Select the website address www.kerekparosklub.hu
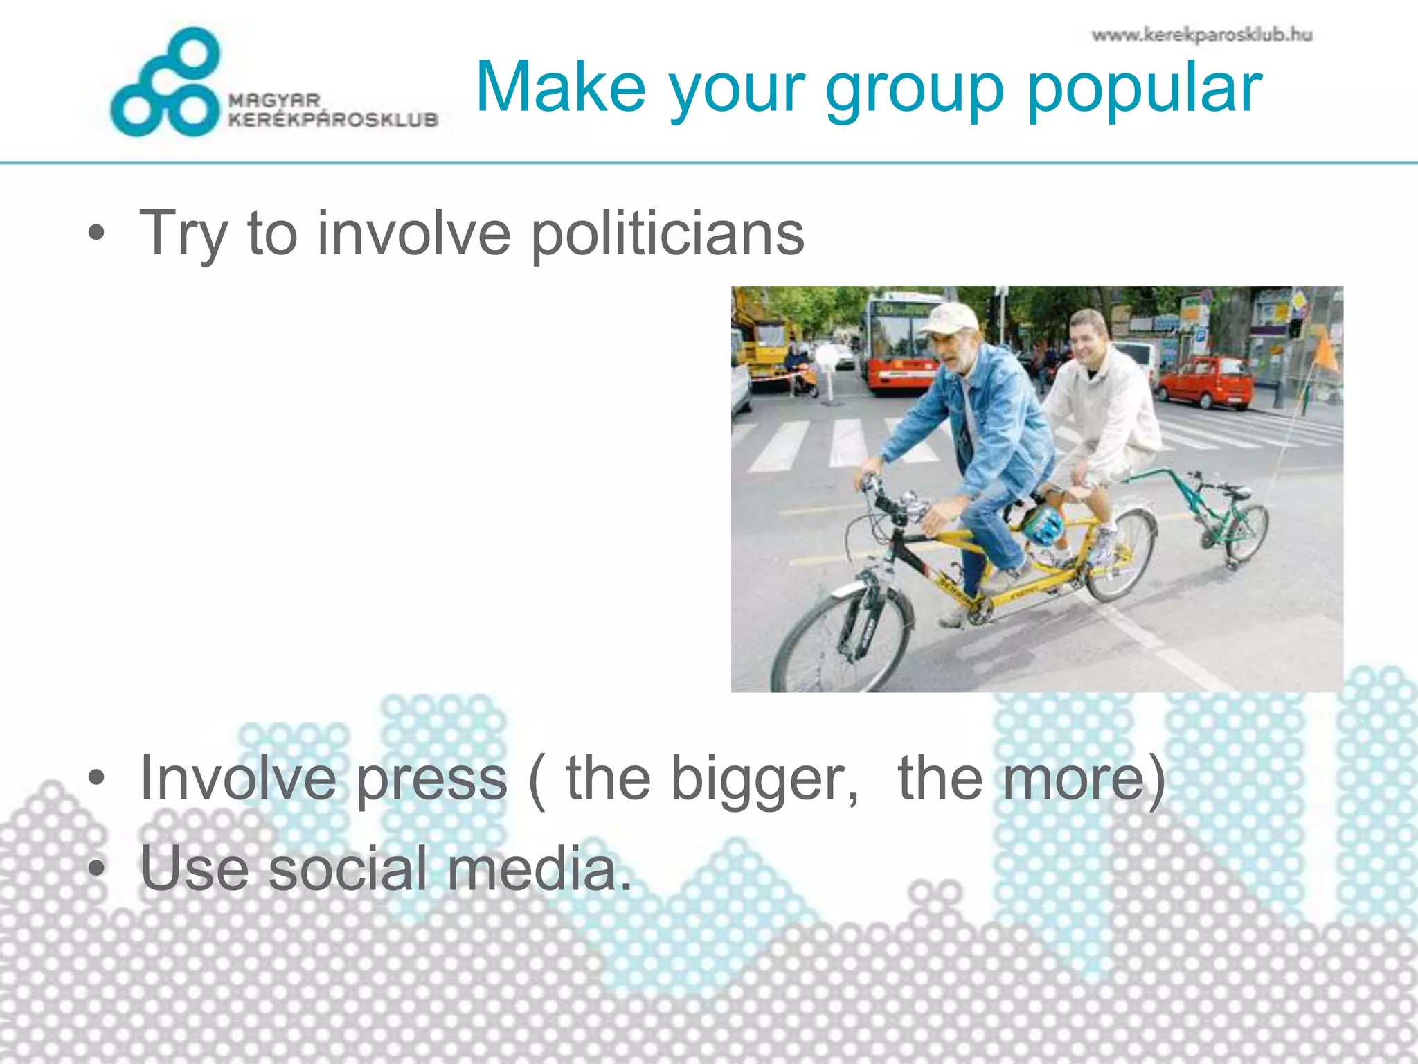coord(1202,35)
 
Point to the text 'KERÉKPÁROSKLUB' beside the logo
coord(334,120)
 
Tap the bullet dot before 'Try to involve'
coord(97,233)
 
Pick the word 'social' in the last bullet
coord(348,869)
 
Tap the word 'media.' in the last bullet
coord(539,869)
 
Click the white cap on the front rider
coord(949,319)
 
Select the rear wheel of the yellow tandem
coord(1120,554)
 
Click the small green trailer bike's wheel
coord(1248,532)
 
